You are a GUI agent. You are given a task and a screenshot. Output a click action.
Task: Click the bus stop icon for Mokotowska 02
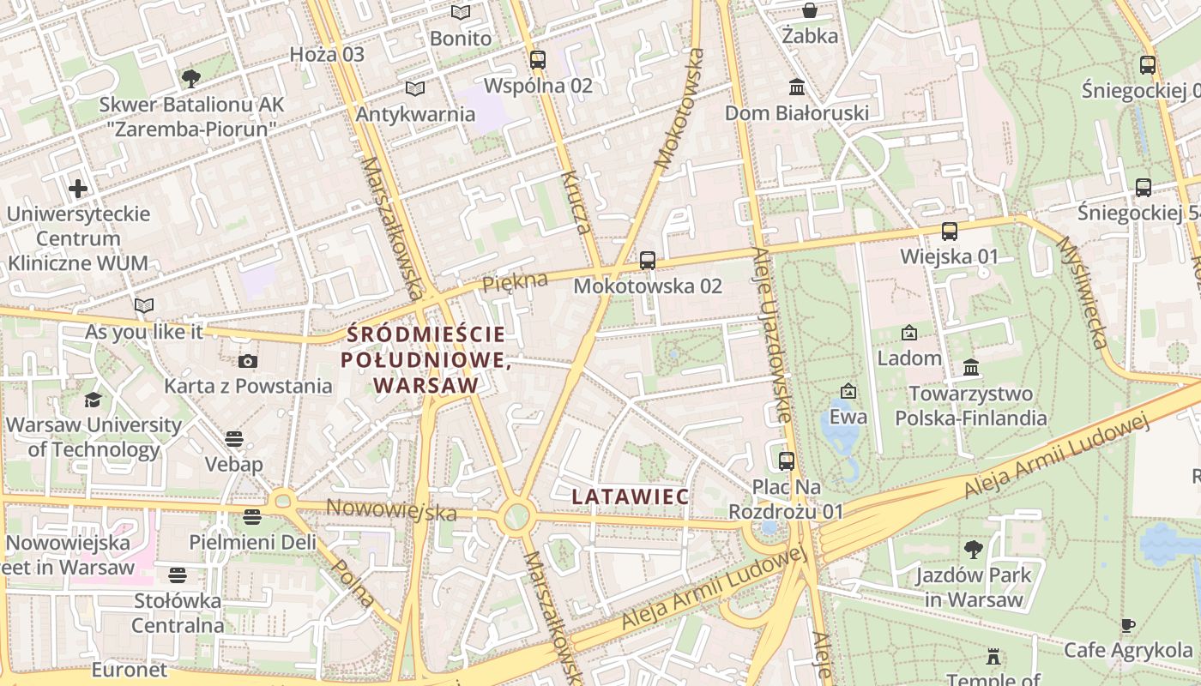point(648,260)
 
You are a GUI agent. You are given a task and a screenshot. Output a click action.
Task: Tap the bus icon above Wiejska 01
point(950,231)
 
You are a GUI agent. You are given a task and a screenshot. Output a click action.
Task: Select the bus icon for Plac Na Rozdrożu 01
point(787,460)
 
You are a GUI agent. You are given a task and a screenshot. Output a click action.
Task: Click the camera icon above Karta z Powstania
point(248,361)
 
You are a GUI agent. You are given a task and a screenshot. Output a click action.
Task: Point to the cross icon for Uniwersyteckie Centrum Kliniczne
point(78,188)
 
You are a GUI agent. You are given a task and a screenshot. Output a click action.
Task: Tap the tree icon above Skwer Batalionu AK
point(190,79)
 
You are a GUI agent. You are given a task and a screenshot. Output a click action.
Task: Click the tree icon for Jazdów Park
point(973,549)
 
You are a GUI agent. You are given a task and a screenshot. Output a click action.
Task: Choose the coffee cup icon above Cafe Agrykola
point(1128,625)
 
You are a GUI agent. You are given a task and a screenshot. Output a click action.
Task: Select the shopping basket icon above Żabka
point(809,10)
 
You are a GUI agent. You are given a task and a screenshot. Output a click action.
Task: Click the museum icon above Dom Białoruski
point(797,87)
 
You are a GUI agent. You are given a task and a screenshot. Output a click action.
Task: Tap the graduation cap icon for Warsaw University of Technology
point(93,400)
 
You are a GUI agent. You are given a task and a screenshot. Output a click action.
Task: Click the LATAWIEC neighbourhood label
point(631,496)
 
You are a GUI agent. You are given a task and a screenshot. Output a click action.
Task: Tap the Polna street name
point(353,582)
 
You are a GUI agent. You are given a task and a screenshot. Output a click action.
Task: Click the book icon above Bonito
point(461,12)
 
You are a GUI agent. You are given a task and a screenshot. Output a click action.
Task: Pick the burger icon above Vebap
point(234,439)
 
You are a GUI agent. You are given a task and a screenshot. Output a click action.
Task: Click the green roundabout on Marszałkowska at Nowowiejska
point(516,516)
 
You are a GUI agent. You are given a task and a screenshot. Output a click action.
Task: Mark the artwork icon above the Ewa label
point(848,391)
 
